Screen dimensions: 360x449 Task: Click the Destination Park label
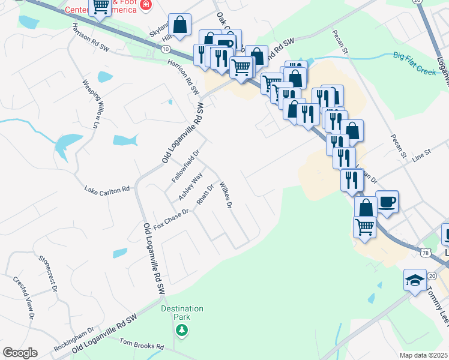click(x=182, y=313)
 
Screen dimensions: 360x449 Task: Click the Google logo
click(x=20, y=353)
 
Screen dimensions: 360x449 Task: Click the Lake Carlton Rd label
click(x=107, y=189)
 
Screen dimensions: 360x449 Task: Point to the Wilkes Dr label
click(x=225, y=195)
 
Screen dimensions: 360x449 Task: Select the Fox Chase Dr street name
click(x=171, y=220)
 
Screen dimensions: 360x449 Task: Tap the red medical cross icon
click(x=145, y=5)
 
